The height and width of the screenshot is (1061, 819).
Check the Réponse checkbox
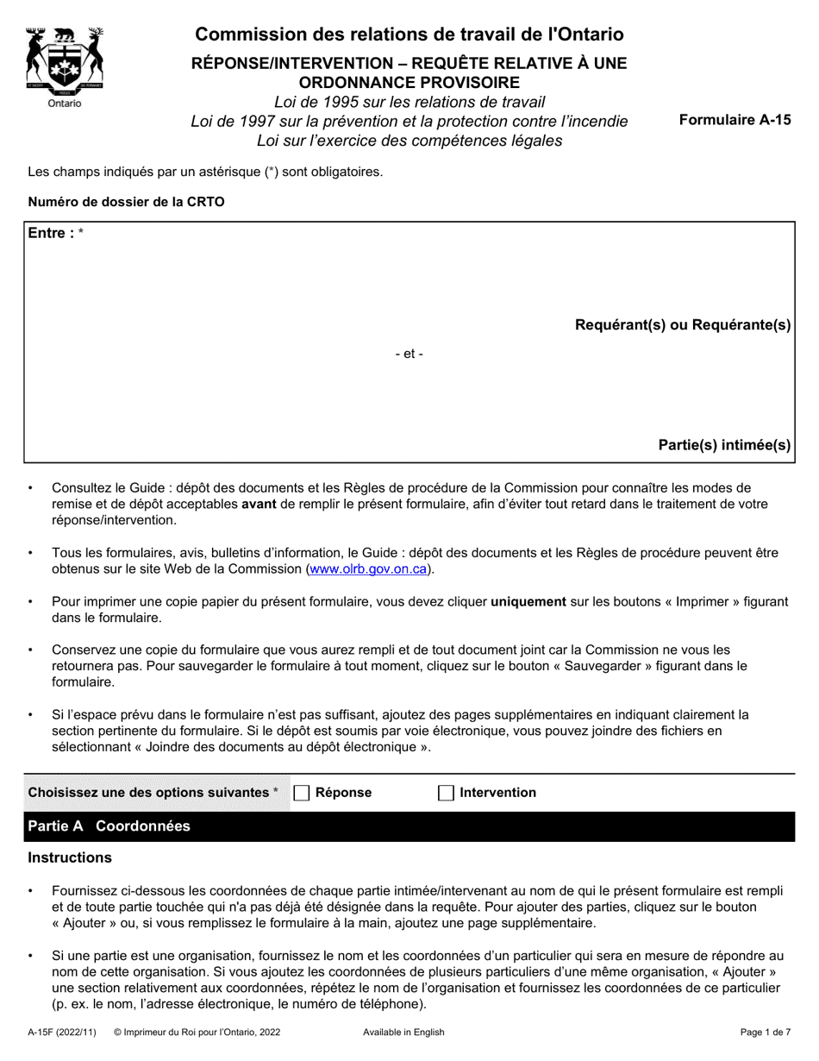pos(302,793)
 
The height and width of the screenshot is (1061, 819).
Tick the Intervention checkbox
pos(446,793)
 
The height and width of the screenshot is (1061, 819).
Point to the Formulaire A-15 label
pos(735,121)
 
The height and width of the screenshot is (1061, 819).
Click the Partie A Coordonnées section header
pos(109,826)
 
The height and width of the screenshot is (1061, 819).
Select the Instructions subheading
pos(70,857)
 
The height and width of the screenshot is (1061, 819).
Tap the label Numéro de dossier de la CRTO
pos(126,203)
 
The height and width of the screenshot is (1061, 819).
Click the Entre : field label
pos(52,233)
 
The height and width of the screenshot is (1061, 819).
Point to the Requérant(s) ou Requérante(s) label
pos(683,325)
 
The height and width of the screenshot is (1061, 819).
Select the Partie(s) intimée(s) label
pos(724,445)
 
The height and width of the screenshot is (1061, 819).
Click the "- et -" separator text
pos(409,354)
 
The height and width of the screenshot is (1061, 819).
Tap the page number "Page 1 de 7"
pos(766,1032)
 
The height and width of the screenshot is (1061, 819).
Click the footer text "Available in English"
pos(403,1032)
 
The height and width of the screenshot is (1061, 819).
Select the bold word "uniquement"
pos(528,602)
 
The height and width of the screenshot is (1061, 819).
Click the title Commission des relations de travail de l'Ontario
pos(409,35)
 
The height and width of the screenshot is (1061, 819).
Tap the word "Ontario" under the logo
pos(65,104)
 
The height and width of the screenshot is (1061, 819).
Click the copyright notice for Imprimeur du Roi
pos(197,1032)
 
